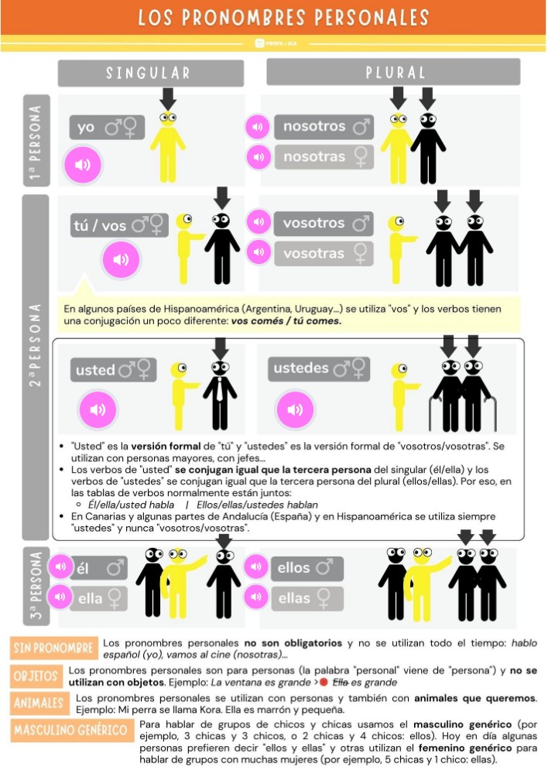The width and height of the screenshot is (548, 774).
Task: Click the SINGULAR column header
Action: (x=150, y=73)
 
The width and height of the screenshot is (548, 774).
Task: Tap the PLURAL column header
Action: (x=393, y=73)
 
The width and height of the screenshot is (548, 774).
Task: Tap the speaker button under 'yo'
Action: (x=83, y=165)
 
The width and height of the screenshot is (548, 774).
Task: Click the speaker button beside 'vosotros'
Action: (x=258, y=223)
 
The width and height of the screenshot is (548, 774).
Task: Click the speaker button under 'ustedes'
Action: (x=295, y=409)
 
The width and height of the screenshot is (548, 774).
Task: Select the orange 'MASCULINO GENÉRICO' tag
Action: (x=70, y=730)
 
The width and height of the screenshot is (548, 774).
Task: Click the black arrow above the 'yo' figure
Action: (x=168, y=99)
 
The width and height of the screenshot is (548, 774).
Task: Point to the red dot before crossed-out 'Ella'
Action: (x=324, y=683)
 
